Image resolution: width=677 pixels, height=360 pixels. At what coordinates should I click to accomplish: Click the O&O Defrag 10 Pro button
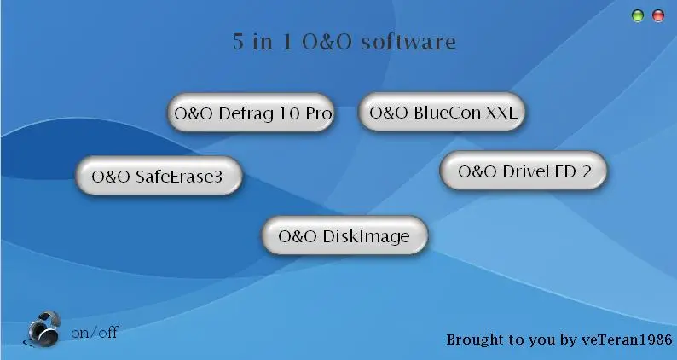tap(251, 113)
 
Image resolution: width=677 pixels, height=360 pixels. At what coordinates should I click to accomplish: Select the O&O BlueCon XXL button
tap(442, 112)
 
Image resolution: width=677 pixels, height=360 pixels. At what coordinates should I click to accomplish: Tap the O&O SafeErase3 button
tap(159, 176)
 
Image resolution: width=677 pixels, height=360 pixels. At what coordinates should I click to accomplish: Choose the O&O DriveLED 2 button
tap(524, 171)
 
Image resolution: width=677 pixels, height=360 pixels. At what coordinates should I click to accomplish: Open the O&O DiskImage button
tap(344, 235)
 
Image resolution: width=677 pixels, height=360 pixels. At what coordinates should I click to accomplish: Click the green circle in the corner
tap(637, 16)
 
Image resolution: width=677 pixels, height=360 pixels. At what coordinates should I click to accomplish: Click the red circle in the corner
tap(658, 16)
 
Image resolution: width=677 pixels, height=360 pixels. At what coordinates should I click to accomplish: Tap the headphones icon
tap(42, 329)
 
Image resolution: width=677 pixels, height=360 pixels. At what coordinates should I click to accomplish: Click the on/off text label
tap(95, 333)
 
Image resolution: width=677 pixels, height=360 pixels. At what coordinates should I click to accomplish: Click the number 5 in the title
tap(239, 42)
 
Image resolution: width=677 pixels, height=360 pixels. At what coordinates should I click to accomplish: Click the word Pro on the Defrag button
tap(319, 113)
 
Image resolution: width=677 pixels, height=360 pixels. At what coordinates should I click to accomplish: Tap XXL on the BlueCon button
tap(501, 113)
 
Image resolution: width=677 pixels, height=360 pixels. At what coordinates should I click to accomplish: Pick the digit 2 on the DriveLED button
tap(587, 171)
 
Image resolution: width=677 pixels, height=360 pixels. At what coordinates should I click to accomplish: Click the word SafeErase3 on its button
tap(179, 177)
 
